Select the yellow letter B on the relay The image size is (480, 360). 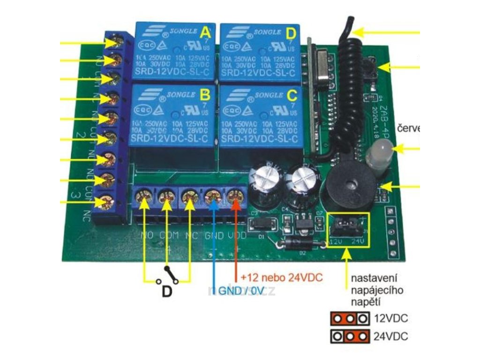pos(205,95)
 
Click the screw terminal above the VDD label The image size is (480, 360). pos(236,197)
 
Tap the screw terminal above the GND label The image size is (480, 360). pos(213,197)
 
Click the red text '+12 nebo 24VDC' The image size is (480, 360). pos(281,277)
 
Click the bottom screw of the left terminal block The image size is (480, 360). pos(106,203)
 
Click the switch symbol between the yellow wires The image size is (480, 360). pos(168,276)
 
